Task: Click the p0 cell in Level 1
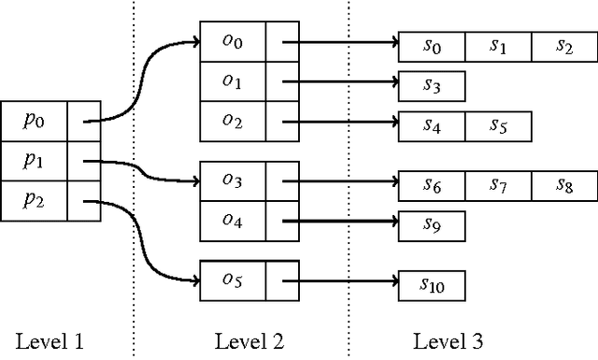[35, 121]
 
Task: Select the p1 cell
[35, 161]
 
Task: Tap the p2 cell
[35, 201]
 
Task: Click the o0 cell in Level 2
[233, 42]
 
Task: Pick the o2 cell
[233, 122]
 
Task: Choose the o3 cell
[233, 180]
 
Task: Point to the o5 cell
[233, 279]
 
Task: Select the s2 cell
[563, 47]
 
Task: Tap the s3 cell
[431, 86]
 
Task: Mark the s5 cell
[497, 125]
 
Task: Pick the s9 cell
[431, 224]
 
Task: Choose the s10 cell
[431, 282]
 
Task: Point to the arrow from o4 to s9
[341, 222]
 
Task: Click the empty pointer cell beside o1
[281, 82]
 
